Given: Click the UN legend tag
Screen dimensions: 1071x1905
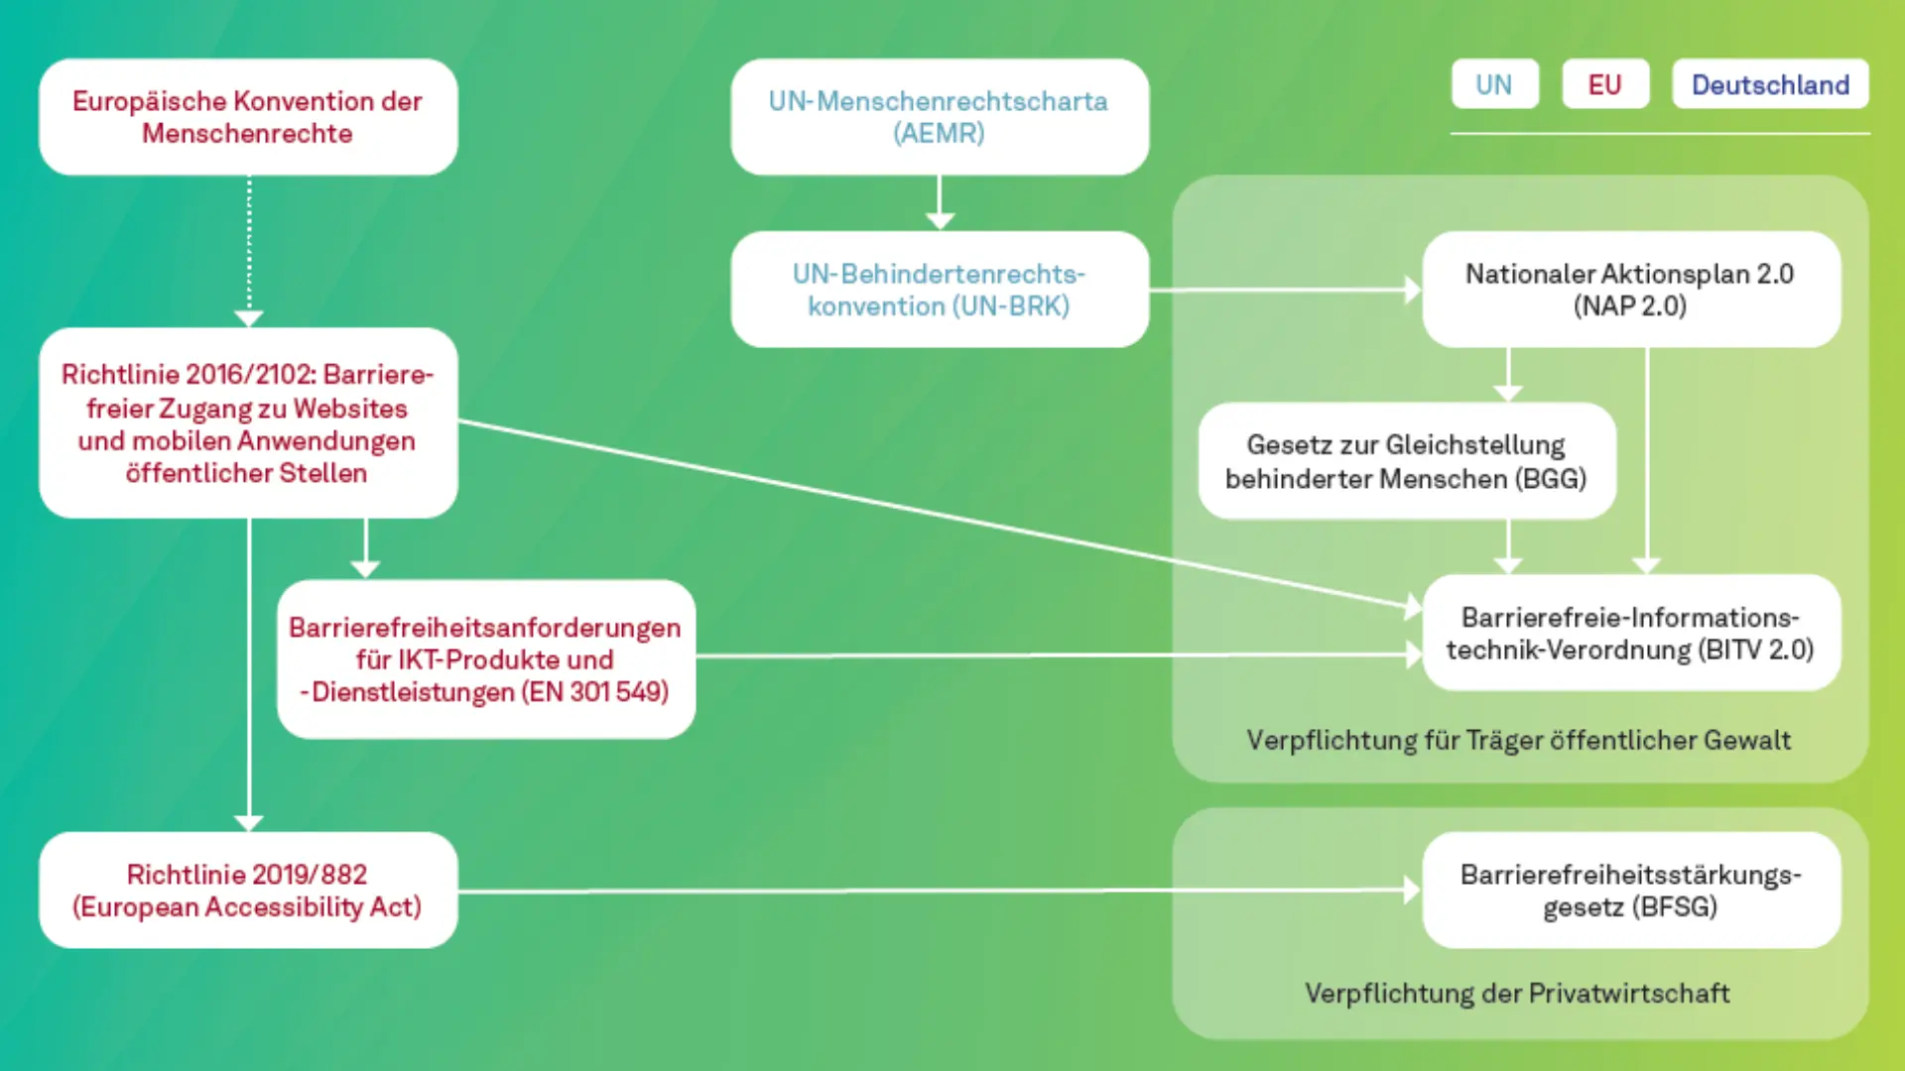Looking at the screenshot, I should click(1494, 84).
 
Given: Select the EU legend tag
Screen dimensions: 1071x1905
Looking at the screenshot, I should click(1604, 84).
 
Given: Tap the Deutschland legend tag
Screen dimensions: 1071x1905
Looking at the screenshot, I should click(1770, 84).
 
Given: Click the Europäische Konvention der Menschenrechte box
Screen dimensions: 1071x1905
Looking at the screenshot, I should click(248, 117).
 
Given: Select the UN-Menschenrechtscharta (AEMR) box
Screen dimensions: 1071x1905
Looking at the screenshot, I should click(939, 117).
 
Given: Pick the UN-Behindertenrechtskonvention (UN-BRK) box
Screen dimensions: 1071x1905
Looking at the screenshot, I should click(939, 290).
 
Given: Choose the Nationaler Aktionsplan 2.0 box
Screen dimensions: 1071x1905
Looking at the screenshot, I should click(1630, 290).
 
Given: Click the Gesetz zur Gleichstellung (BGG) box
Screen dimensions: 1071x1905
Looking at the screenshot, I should click(1406, 461).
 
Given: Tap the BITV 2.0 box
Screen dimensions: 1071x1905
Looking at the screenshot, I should click(1630, 633).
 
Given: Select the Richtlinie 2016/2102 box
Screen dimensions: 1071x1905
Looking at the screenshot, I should click(248, 423).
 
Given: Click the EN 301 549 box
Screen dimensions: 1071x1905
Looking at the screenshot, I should click(485, 659).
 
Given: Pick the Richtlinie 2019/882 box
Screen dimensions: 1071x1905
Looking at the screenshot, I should click(248, 890).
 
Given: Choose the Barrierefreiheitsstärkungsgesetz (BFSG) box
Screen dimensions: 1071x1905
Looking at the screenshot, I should click(1630, 890).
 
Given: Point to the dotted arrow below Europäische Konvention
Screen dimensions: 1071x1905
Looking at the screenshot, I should click(248, 248).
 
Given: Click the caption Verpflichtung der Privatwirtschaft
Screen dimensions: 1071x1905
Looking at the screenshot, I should click(1517, 993).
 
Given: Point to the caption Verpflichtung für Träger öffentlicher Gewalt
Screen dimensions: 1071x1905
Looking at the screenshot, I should click(1518, 740).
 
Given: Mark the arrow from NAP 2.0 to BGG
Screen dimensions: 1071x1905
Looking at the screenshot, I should click(1508, 375).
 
